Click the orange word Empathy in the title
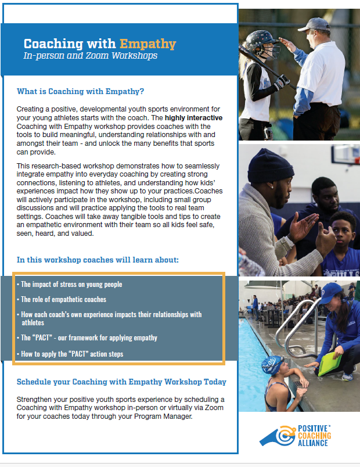(147, 44)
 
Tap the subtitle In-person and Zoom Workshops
(91, 56)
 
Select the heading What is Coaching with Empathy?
(80, 91)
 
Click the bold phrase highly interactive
(193, 118)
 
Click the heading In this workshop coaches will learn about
(98, 260)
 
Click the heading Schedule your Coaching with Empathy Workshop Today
(121, 382)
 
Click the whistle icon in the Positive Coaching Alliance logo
(278, 436)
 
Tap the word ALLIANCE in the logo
(312, 443)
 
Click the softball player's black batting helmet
(262, 42)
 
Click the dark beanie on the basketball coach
(270, 166)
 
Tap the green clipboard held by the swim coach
(330, 364)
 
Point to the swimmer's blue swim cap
(272, 364)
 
